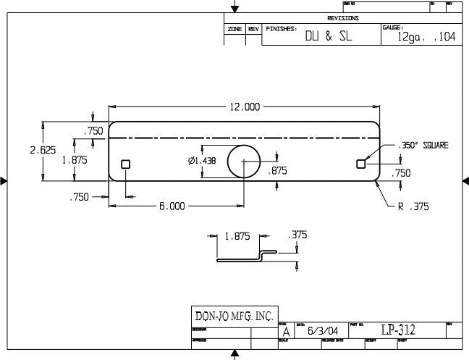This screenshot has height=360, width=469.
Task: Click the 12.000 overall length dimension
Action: coord(245,107)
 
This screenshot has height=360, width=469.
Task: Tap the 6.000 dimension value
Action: coord(172,206)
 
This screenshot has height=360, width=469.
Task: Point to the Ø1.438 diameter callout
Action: coord(201,161)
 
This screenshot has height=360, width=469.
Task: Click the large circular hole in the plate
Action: coord(243,161)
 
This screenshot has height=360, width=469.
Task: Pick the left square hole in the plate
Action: coord(125,164)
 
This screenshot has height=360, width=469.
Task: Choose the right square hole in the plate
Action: coord(361,164)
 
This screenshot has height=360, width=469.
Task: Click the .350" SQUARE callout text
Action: coord(423,146)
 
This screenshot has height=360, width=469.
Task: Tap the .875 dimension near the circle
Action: coord(278,171)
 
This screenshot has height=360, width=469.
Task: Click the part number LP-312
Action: coord(398,330)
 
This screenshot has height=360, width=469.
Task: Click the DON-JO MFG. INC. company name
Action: coord(234,316)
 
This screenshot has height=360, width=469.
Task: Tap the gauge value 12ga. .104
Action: coord(426,38)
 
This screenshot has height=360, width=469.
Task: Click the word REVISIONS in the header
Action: coord(343,18)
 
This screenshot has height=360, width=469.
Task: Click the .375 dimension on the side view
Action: coord(297,235)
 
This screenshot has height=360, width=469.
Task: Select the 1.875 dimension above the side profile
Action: coord(237,235)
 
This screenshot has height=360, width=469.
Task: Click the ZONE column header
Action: coord(234,29)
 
